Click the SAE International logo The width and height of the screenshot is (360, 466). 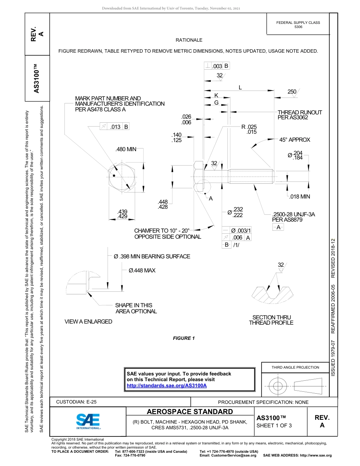tap(88, 421)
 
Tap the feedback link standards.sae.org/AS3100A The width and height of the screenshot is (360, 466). tap(166, 385)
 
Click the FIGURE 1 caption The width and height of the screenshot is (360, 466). tap(184, 338)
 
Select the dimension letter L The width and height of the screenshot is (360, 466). tap(240, 88)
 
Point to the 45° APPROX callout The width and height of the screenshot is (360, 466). tap(294, 140)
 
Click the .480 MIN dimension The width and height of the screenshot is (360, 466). tap(125, 149)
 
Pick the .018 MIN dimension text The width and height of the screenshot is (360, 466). tap(299, 197)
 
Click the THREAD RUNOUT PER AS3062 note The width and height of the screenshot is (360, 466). tap(299, 115)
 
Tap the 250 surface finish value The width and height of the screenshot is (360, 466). tap(291, 92)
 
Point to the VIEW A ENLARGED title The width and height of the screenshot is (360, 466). tap(88, 322)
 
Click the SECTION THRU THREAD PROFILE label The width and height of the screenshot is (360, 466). tap(271, 320)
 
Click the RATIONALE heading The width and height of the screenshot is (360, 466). tap(189, 40)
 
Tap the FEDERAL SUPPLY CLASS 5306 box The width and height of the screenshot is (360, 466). tap(298, 25)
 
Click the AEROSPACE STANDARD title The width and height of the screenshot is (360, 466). tap(189, 412)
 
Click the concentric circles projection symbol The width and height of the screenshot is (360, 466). tap(278, 386)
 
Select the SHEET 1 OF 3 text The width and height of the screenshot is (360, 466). tap(274, 425)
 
